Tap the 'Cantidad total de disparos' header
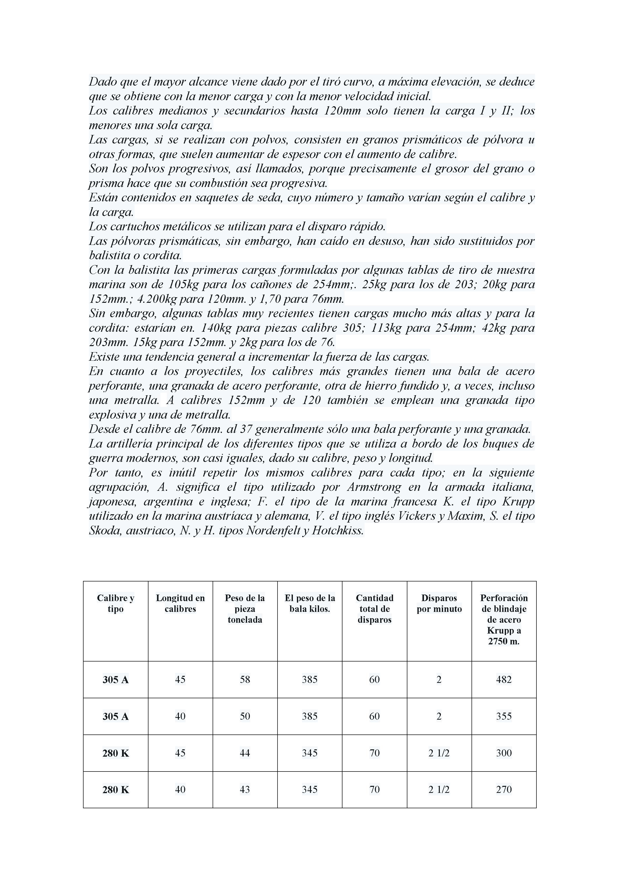[x=374, y=609]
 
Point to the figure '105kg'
[x=184, y=285]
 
